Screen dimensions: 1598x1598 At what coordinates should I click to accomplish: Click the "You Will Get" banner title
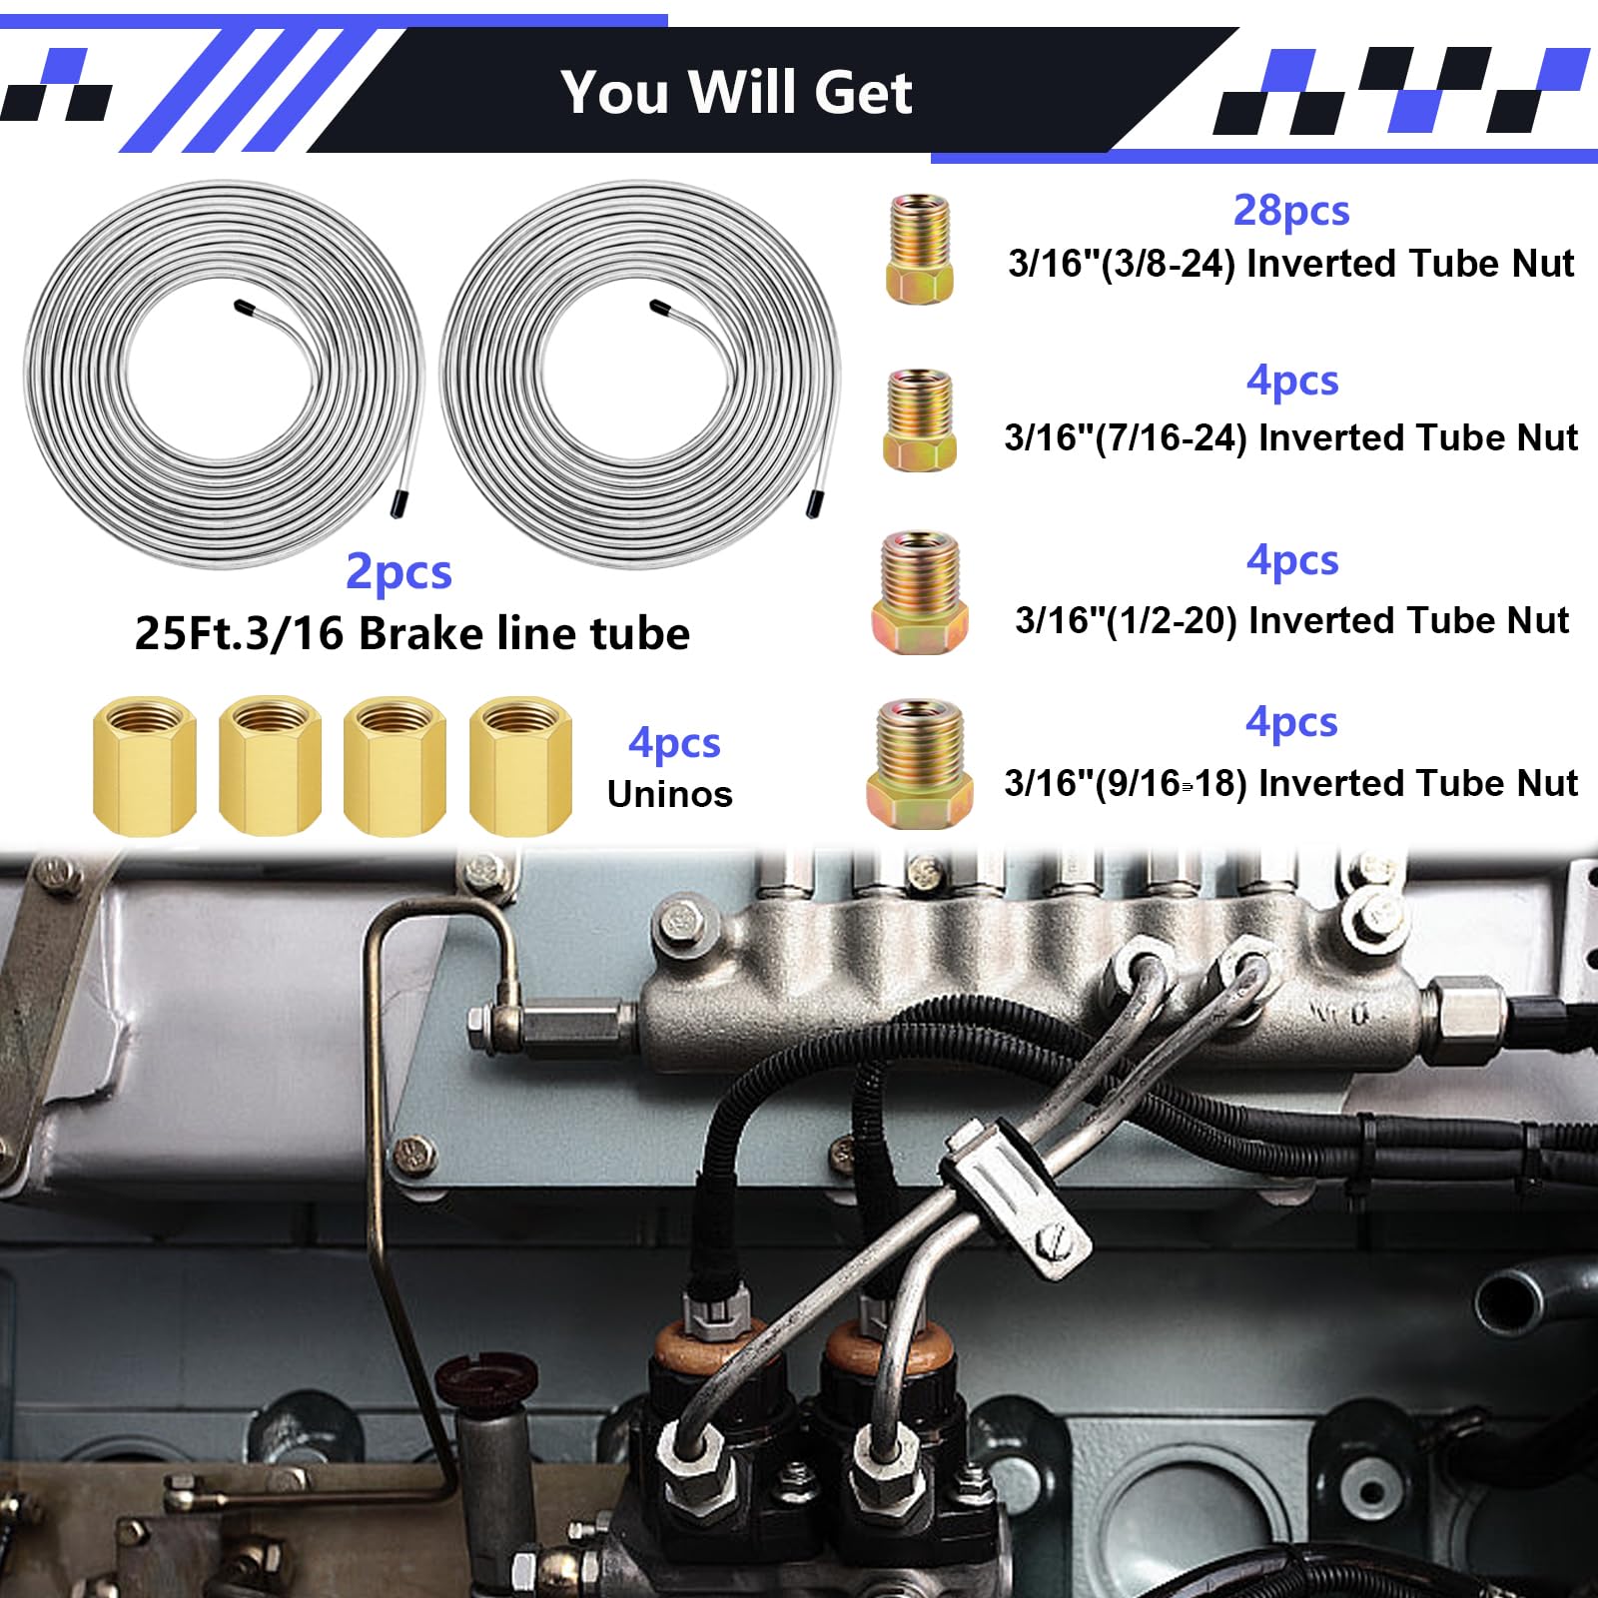[736, 92]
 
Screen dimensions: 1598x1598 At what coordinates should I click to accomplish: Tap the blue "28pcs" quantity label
[1291, 210]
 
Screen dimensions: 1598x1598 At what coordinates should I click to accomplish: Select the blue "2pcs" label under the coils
[399, 571]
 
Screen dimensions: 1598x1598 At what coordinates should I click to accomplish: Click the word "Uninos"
[669, 794]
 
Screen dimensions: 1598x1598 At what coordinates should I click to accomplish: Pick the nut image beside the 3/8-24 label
[919, 249]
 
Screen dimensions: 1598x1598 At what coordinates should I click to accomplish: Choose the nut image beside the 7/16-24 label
[919, 419]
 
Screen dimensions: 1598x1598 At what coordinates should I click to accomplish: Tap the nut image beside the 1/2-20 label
[920, 592]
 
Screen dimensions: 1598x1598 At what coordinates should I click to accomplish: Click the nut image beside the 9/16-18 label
[919, 764]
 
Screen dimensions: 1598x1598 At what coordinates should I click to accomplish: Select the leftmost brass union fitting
[144, 765]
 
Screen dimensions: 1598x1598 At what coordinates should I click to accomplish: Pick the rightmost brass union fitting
[520, 765]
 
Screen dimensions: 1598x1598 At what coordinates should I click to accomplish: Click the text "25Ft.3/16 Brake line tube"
[411, 633]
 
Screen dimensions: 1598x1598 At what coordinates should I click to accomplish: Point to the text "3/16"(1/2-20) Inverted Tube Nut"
[1291, 620]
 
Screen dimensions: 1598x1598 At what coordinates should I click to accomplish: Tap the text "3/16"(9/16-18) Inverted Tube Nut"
[1291, 783]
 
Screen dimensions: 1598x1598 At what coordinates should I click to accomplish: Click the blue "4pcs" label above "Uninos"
[674, 742]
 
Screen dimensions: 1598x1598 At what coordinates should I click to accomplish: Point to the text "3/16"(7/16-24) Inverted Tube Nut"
[1291, 437]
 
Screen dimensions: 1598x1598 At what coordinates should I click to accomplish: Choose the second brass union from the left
[270, 765]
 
